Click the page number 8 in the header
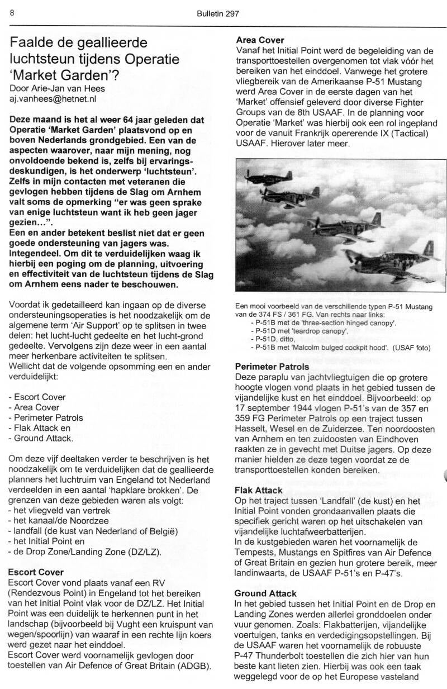(11, 14)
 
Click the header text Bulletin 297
(218, 15)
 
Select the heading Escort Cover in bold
(36, 572)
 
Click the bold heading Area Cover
(260, 40)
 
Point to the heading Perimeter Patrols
(272, 367)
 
